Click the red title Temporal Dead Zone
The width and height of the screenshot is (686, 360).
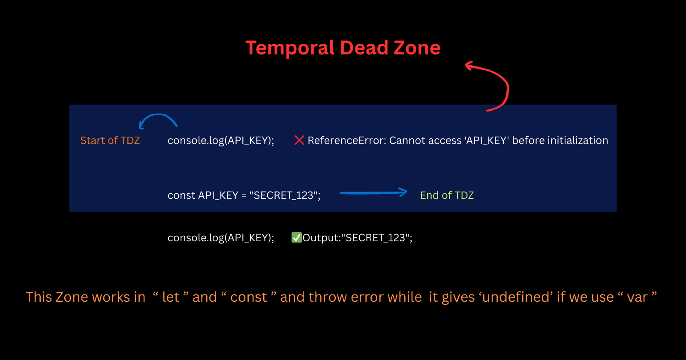point(343,48)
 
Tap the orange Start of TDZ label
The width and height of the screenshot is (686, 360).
point(110,141)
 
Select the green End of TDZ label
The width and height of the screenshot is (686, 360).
point(447,195)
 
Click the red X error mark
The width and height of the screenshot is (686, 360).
point(299,140)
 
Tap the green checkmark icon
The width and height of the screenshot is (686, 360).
point(296,237)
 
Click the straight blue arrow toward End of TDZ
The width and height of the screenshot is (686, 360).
point(373,193)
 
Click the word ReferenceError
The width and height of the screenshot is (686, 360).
point(346,141)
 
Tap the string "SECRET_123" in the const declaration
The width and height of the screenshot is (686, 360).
point(285,195)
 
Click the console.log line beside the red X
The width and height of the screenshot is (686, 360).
point(221,141)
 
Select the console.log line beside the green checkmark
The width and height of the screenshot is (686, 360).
point(221,238)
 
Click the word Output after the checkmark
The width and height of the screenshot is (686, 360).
point(319,238)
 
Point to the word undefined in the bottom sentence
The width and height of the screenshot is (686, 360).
point(515,297)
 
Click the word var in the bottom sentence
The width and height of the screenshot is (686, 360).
point(637,297)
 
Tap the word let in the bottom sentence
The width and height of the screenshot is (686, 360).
point(171,297)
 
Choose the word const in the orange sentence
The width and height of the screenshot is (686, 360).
point(249,297)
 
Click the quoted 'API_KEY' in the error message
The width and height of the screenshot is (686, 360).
point(487,141)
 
